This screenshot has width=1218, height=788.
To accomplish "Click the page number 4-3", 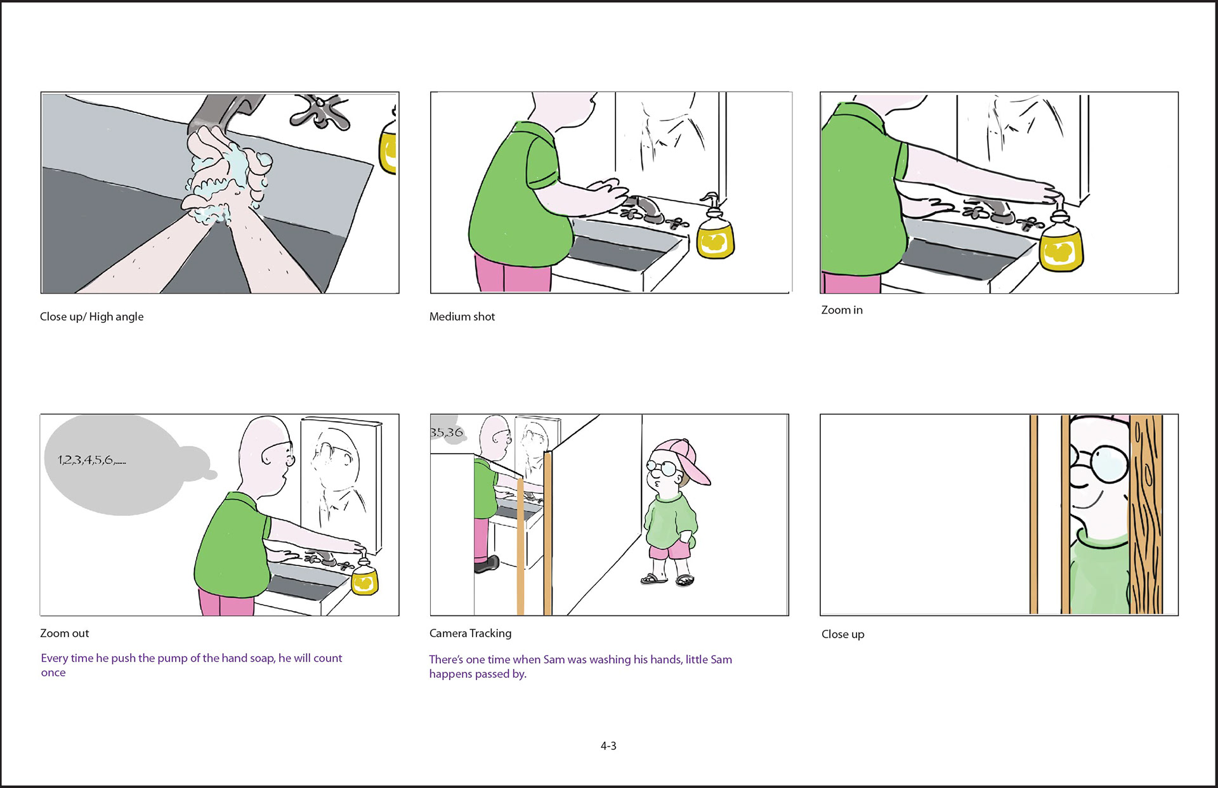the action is pyautogui.click(x=608, y=746).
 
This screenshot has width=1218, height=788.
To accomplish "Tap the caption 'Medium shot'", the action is pyautogui.click(x=462, y=317).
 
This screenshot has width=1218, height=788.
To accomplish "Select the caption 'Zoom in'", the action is pyautogui.click(x=842, y=310).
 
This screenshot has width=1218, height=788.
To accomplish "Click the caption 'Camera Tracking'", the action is pyautogui.click(x=470, y=633).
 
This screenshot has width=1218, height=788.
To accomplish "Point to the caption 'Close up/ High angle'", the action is pyautogui.click(x=91, y=317).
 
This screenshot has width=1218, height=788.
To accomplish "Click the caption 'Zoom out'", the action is pyautogui.click(x=64, y=633).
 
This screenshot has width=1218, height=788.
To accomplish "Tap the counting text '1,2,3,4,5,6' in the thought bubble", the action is pyautogui.click(x=89, y=460).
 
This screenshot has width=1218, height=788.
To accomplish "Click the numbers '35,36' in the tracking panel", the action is pyautogui.click(x=447, y=433).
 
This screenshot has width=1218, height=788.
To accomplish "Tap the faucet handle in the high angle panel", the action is pyautogui.click(x=321, y=112).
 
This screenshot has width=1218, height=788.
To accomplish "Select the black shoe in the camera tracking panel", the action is pyautogui.click(x=487, y=563).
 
